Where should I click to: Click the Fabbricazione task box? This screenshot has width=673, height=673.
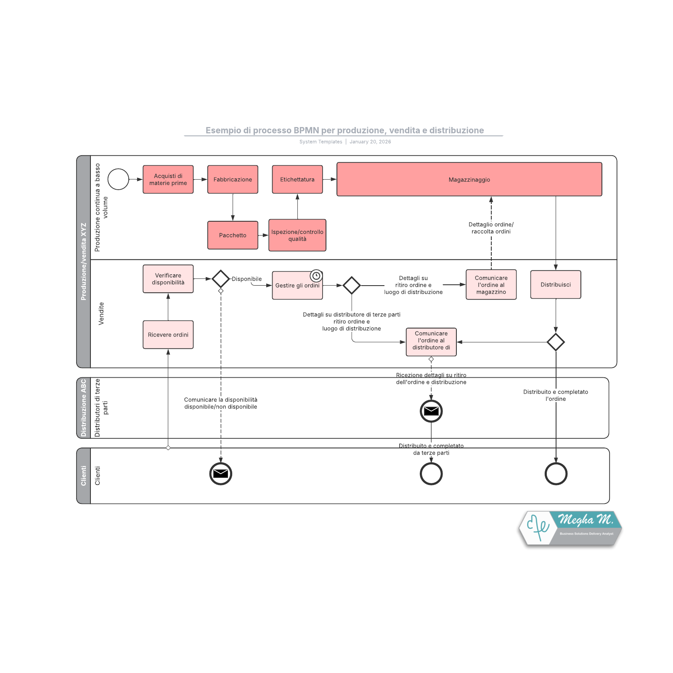[233, 180]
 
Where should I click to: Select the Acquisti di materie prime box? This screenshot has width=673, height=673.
[168, 180]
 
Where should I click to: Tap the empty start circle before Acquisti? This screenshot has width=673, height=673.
[118, 179]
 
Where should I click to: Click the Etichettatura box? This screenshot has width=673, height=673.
[297, 180]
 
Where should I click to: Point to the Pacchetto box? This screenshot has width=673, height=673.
[233, 235]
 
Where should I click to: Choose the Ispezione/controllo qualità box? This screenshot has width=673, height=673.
[297, 235]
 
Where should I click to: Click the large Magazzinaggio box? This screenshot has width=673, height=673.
[469, 180]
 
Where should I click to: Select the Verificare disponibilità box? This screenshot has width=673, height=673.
[168, 279]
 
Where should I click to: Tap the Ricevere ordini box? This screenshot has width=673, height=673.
[168, 335]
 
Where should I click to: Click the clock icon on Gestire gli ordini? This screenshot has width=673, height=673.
[316, 276]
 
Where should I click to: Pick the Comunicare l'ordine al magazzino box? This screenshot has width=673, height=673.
[491, 285]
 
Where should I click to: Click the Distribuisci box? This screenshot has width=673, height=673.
[555, 285]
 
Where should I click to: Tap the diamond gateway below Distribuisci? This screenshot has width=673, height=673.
[555, 342]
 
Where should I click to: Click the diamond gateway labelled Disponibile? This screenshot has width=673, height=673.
[220, 279]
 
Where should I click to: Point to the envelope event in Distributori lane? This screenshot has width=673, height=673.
[431, 411]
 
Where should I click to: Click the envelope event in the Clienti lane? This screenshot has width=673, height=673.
[220, 474]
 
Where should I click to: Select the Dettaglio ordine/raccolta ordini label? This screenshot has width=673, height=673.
[491, 228]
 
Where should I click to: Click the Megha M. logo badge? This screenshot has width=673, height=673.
[570, 528]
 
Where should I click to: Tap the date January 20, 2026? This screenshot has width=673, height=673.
[370, 142]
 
